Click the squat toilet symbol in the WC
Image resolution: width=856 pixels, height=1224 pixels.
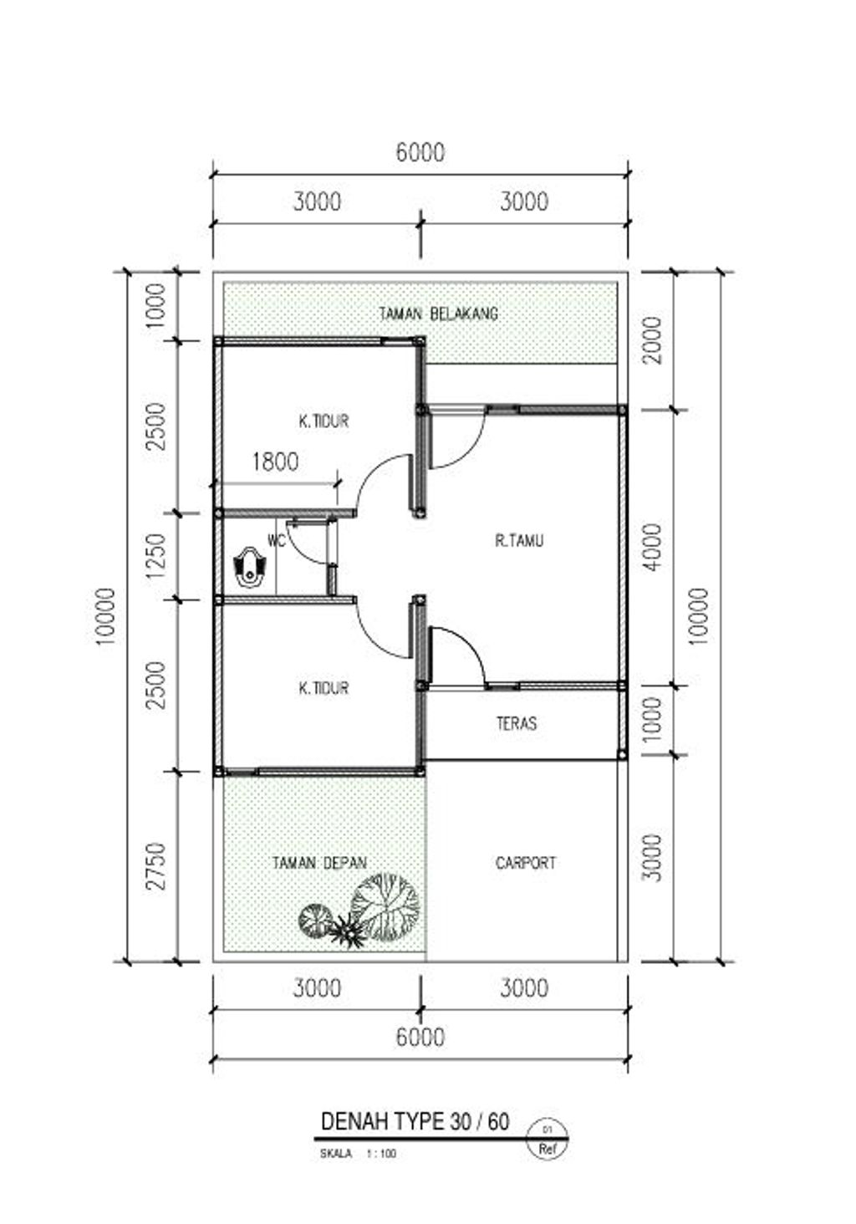249,568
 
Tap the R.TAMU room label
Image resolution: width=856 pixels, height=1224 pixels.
519,541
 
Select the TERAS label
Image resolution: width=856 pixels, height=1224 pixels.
517,723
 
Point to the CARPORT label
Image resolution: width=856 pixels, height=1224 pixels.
526,863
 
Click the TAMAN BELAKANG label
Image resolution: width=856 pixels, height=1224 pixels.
439,314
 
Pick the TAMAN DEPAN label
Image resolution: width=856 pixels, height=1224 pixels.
319,863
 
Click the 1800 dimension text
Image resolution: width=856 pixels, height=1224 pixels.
275,462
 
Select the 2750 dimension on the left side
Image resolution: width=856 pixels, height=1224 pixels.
156,866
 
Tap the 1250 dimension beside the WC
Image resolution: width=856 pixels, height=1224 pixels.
156,558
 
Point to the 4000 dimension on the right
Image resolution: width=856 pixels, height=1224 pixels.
652,548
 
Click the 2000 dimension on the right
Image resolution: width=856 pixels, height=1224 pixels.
652,340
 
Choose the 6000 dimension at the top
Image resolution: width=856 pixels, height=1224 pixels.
420,152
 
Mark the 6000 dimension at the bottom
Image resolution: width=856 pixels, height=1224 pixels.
420,1037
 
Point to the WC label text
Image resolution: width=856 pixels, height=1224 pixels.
276,541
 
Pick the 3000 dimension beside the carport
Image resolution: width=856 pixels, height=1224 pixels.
652,858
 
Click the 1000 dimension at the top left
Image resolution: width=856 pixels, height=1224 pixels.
156,305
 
